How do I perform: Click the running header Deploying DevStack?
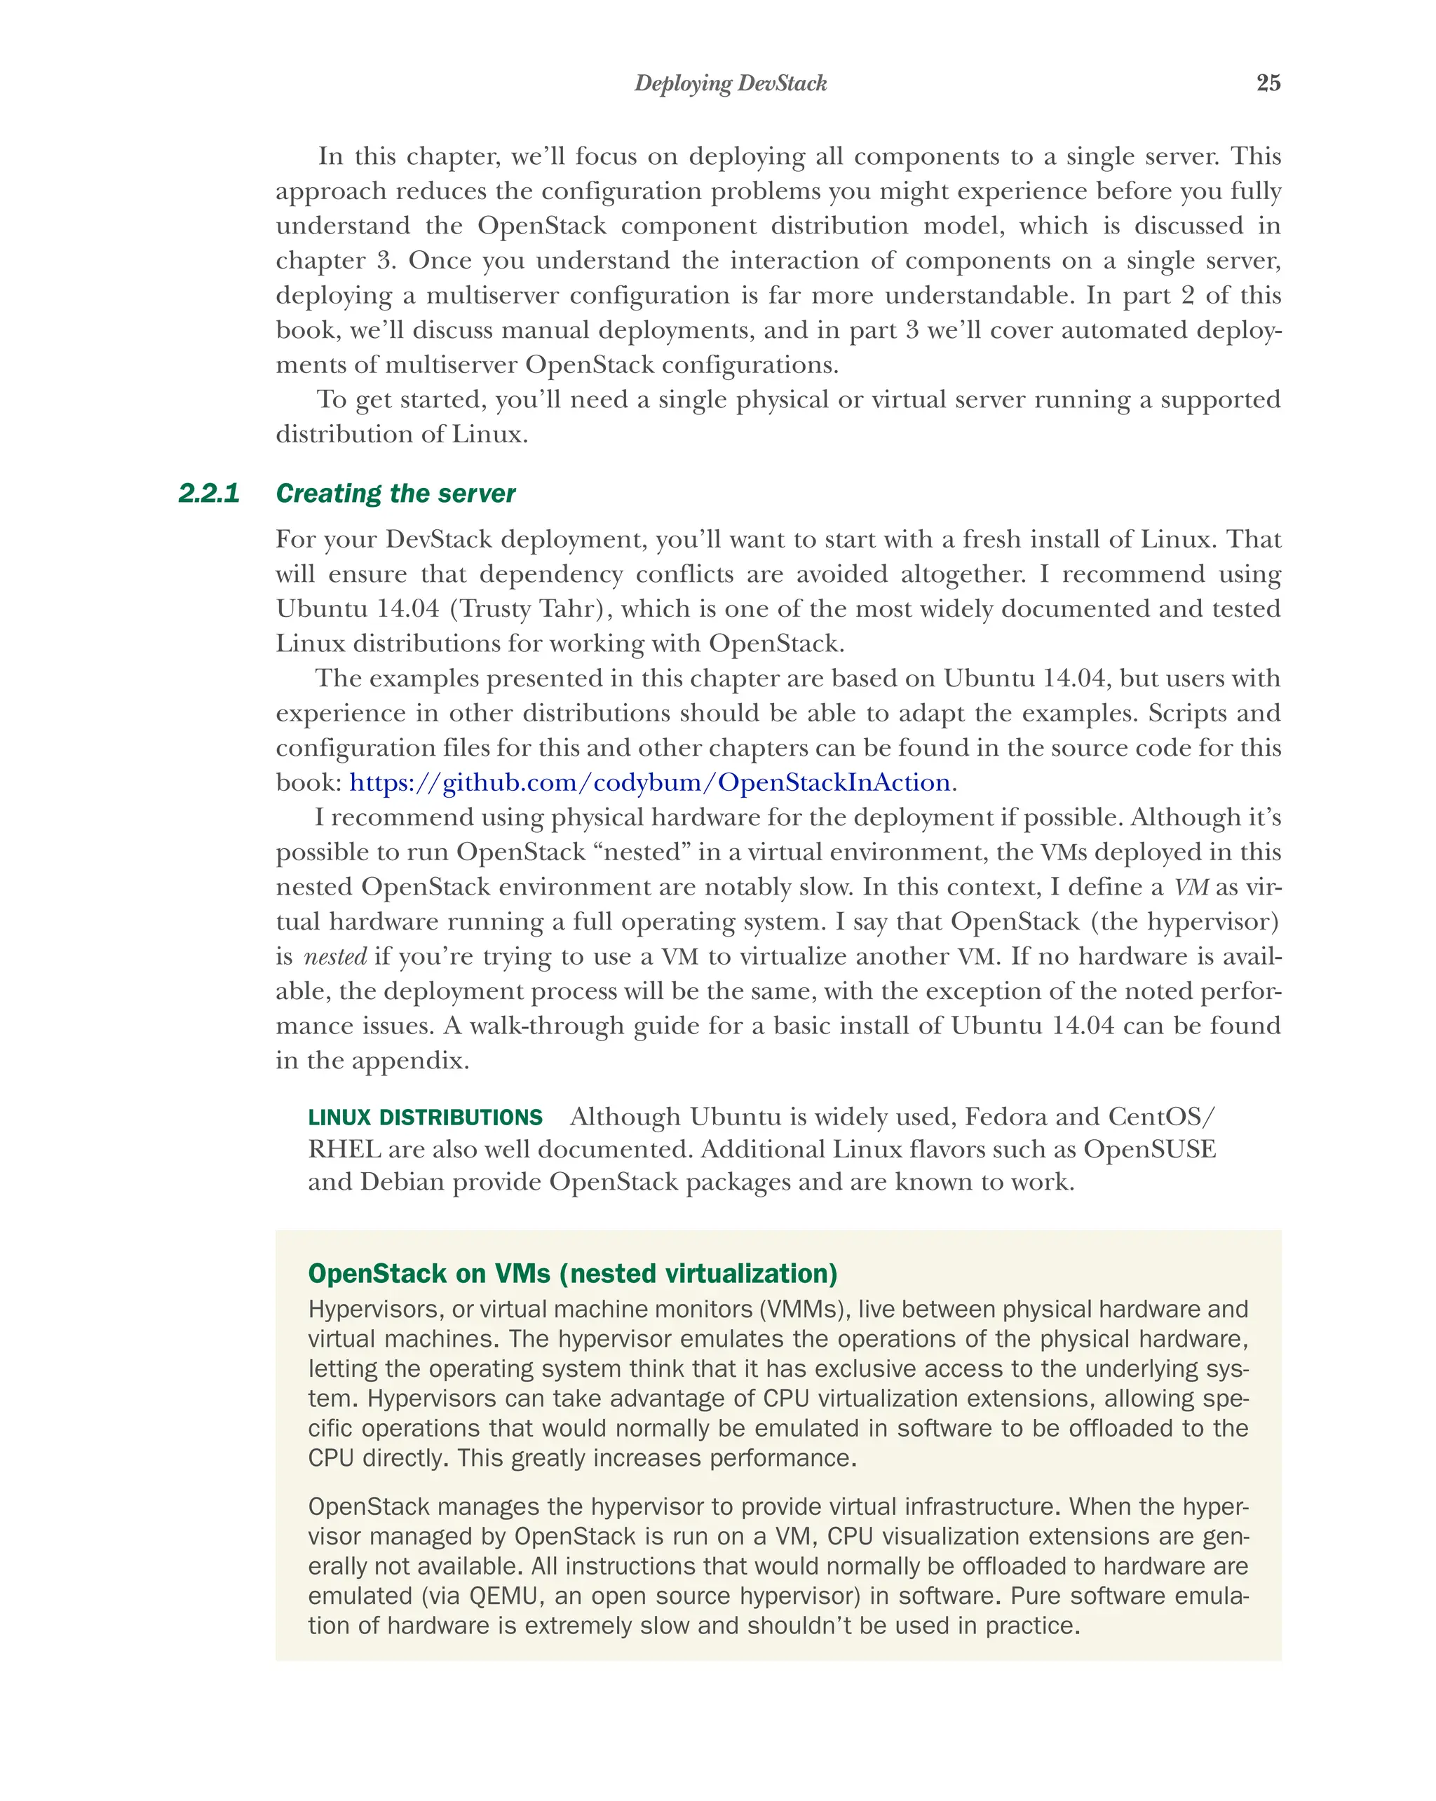[730, 83]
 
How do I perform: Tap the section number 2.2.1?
[209, 493]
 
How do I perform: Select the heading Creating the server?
[395, 493]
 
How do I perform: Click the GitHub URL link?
[649, 782]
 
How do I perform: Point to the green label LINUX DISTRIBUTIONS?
[425, 1117]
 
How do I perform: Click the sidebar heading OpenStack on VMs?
[572, 1273]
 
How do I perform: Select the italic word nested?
[334, 956]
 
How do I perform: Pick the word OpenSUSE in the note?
[1149, 1150]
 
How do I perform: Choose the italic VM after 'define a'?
[1191, 886]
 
